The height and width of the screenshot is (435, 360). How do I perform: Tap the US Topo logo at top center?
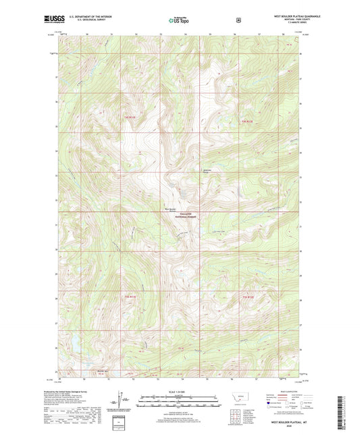point(180,21)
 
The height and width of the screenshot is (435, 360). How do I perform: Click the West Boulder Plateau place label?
point(171,209)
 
